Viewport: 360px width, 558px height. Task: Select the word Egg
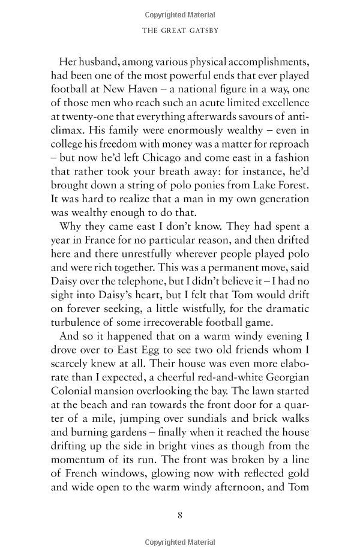point(146,355)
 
